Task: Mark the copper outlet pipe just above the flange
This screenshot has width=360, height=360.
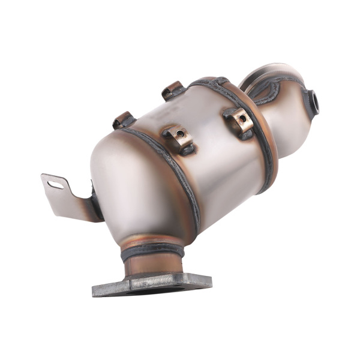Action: (153, 264)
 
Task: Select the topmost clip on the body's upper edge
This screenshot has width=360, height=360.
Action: (172, 89)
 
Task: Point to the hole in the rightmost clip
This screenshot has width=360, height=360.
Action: (242, 119)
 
